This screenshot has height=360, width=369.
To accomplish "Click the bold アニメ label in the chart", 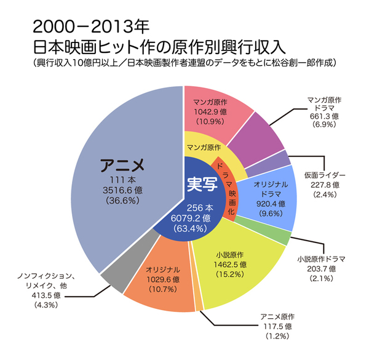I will click(x=122, y=165).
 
